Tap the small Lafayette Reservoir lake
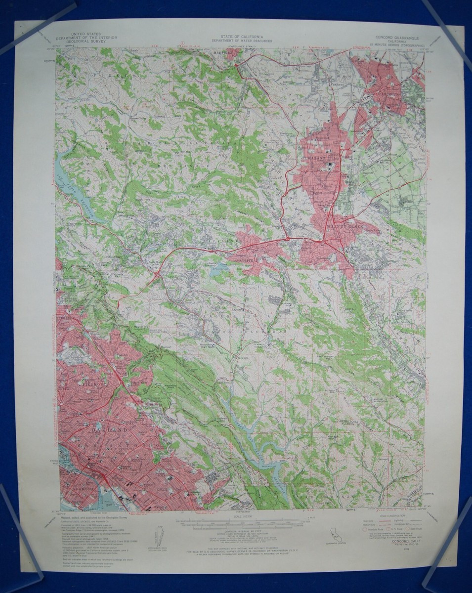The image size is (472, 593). [217, 270]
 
